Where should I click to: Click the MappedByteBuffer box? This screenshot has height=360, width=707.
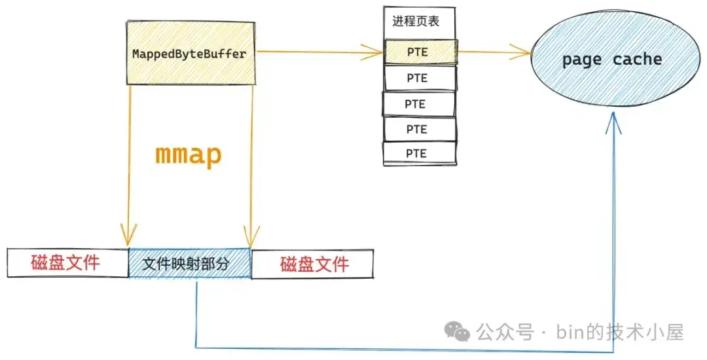(x=190, y=53)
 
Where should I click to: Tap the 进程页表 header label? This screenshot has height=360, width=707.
(x=416, y=21)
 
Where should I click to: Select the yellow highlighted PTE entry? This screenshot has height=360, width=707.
(x=420, y=52)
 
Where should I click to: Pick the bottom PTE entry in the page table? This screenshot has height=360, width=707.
(x=420, y=154)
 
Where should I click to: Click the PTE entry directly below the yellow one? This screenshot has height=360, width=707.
(x=420, y=79)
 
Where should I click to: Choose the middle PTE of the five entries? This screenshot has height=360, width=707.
(x=418, y=104)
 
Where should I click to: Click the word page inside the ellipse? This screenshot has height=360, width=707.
(x=582, y=60)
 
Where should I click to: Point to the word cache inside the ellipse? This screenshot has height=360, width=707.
(x=637, y=59)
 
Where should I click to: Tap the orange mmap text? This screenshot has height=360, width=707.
(x=189, y=155)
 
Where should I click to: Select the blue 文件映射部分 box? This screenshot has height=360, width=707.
(x=189, y=264)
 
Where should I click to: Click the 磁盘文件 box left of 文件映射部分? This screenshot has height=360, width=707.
(x=68, y=262)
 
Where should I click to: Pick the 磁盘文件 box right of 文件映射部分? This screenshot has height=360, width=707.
(x=312, y=264)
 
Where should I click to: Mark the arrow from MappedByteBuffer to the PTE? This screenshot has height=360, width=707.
(x=319, y=52)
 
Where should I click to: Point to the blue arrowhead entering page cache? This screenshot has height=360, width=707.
(x=613, y=122)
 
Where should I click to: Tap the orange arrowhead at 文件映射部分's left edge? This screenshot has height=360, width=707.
(x=128, y=235)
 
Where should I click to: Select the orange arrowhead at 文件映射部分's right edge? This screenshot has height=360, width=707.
(x=251, y=236)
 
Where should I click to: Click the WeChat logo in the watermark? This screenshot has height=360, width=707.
(x=457, y=331)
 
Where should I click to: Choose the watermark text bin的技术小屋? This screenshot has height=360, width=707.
(x=620, y=333)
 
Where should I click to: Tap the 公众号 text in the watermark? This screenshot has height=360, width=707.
(x=505, y=333)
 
